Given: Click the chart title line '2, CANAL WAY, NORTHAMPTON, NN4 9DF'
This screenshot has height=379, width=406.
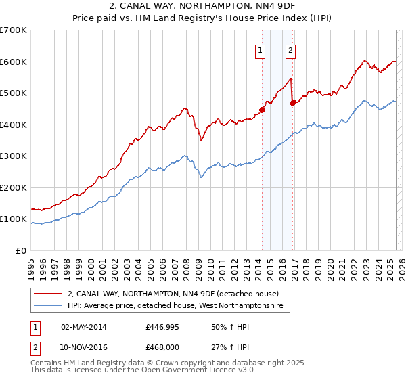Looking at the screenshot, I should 202,7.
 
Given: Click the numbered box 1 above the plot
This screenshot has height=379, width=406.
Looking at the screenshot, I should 261,49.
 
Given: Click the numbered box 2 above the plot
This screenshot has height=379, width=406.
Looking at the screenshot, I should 290,49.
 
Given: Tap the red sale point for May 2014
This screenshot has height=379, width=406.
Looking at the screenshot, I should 262,110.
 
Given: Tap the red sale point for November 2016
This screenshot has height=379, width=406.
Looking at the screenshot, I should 292,104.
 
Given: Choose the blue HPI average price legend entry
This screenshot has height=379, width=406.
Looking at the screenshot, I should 179,307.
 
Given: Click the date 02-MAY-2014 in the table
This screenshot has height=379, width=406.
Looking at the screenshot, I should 83,327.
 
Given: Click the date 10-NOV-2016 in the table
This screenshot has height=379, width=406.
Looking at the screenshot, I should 83,347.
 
